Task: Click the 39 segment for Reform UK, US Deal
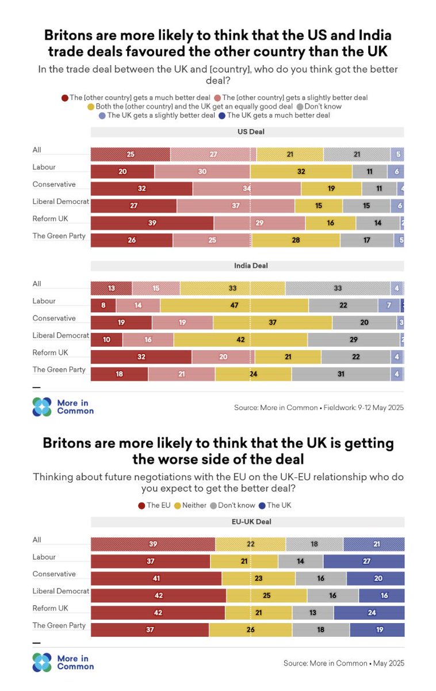pos(152,223)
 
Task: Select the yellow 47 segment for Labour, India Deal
pos(234,306)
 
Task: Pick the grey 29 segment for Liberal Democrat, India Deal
pos(353,340)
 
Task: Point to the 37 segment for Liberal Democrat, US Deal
pos(235,206)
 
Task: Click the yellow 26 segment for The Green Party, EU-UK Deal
pos(250,630)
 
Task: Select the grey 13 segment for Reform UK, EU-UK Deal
pos(312,613)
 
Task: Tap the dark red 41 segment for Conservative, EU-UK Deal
pos(156,579)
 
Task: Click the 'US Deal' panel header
pos(247,132)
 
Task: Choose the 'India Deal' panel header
pos(247,266)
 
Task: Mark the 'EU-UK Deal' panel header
pos(247,522)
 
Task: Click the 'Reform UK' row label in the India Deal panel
pos(51,353)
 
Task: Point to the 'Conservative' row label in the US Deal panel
pos(54,185)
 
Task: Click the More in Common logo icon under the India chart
pos(42,407)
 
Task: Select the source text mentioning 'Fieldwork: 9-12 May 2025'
pos(319,408)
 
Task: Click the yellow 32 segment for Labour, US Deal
pos(301,172)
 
